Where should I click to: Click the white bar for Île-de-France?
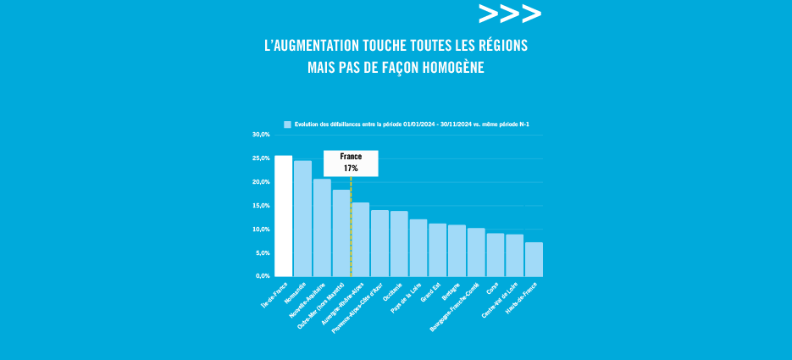283,216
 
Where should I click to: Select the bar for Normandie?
302,219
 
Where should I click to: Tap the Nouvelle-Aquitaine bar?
322,228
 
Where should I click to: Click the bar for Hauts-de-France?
534,259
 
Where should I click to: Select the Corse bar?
496,255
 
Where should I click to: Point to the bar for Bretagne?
457,251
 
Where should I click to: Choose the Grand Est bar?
437,250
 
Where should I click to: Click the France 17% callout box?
351,163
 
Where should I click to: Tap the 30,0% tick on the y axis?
260,135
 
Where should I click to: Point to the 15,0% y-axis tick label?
260,206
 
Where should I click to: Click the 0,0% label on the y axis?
262,276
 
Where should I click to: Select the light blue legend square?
287,125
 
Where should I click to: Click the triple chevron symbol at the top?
509,14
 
